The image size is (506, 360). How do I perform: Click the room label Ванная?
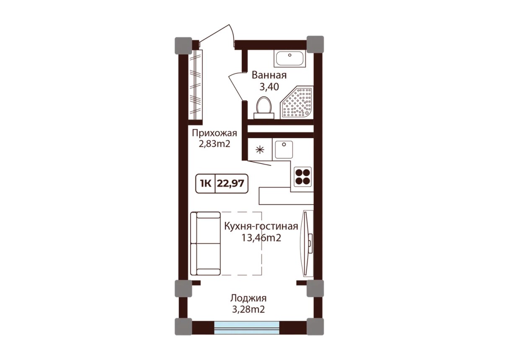[x=269, y=75]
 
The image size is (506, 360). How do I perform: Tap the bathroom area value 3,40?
[x=269, y=87]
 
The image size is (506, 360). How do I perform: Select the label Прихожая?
[x=214, y=133]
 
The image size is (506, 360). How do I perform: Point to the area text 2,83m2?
[x=214, y=144]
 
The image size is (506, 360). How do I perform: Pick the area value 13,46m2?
[x=261, y=237]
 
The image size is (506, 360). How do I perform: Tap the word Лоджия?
[x=248, y=298]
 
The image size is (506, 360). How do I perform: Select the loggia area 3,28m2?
[x=248, y=309]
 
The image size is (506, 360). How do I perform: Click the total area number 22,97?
[x=230, y=183]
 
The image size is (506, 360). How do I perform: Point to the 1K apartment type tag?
[x=206, y=183]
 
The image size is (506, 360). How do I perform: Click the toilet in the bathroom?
[x=264, y=108]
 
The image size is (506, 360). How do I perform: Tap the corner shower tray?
[x=297, y=102]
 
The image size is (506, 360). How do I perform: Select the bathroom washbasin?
[x=290, y=59]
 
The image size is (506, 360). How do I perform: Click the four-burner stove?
[x=303, y=177]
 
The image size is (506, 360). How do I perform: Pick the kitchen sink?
[x=284, y=149]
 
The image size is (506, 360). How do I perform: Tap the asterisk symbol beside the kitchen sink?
[x=260, y=149]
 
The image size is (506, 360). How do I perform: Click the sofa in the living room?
[x=205, y=243]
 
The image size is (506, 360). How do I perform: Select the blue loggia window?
[x=247, y=328]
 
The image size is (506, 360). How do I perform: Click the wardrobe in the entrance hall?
[x=195, y=85]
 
